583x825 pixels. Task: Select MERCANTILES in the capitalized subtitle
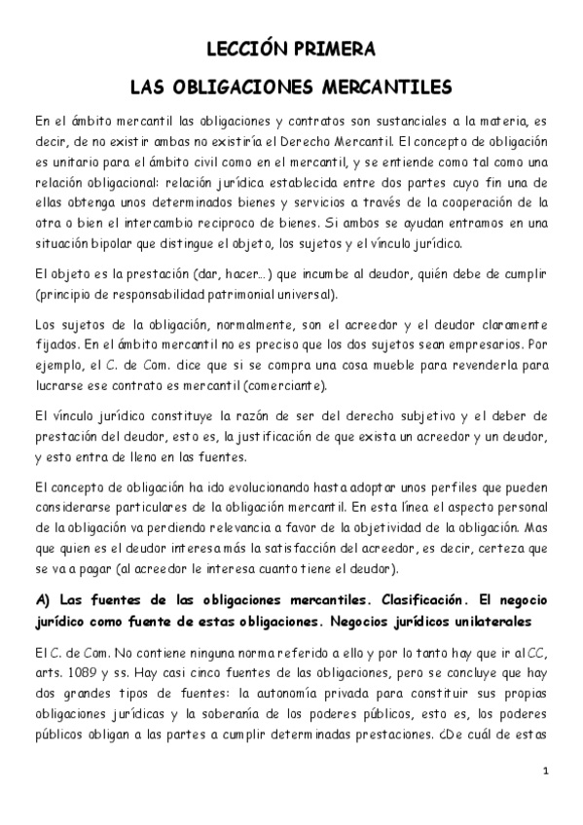click(383, 89)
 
